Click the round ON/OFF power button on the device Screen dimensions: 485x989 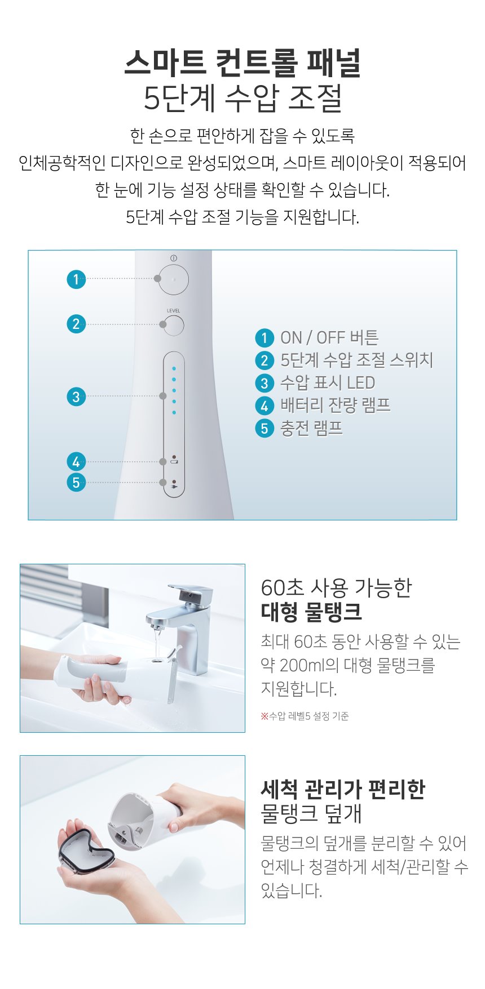pos(173,279)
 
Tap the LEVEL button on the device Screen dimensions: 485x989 pos(174,326)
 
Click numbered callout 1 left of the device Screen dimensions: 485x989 pos(76,279)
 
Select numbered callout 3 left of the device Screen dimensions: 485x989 pos(76,397)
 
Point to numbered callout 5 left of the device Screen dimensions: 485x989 pos(76,483)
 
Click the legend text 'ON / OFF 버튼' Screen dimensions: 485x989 pos(329,338)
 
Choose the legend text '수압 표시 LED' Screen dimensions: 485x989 pos(328,383)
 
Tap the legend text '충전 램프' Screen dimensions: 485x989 pos(311,428)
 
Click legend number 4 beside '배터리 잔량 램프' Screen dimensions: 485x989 pos(264,406)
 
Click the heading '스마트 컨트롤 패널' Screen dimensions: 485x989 pos(242,63)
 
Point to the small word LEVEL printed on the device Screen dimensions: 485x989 pos(174,311)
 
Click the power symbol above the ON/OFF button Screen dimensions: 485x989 pos(173,258)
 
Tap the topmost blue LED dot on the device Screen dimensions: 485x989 pos(174,368)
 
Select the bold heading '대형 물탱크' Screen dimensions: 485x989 pos(311,612)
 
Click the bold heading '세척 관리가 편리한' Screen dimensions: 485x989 pos(343,790)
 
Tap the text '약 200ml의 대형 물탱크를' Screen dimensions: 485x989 pos(348,665)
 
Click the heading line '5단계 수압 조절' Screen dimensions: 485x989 pos(243,97)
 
